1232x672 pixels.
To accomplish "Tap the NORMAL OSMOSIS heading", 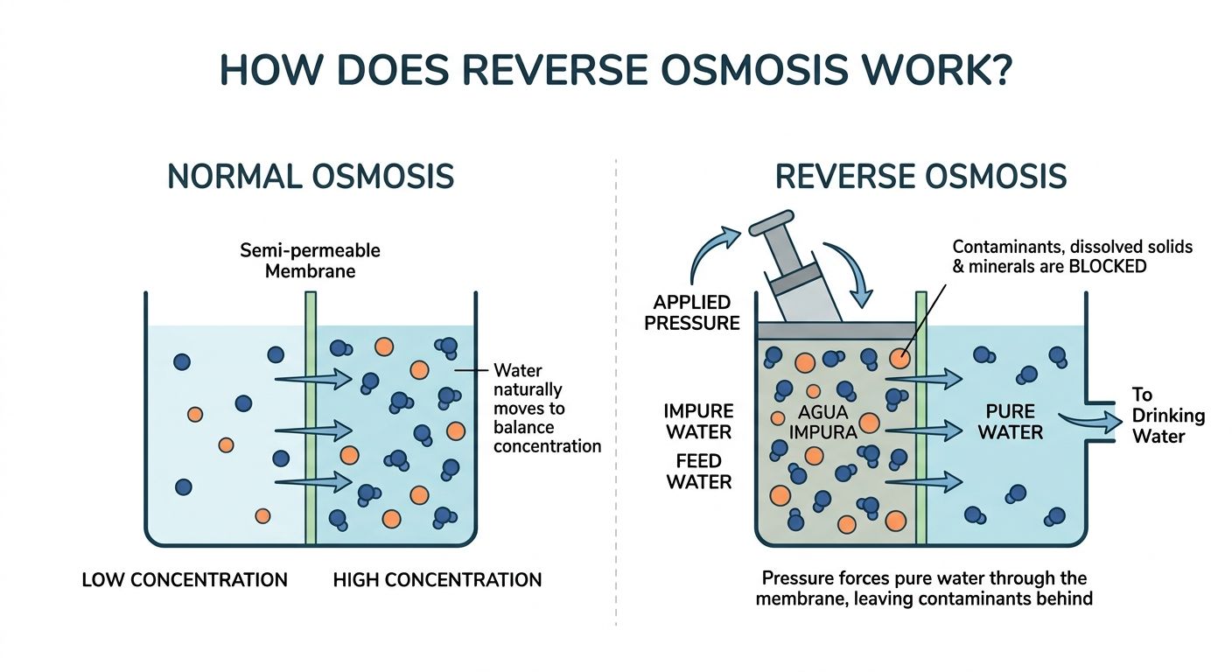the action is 311,177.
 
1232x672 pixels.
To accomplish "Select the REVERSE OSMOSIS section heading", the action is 920,177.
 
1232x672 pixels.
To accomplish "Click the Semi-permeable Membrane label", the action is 311,261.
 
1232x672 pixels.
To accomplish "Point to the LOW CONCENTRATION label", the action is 185,579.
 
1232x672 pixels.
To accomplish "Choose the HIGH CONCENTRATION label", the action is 437,579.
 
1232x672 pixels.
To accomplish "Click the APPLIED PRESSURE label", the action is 692,312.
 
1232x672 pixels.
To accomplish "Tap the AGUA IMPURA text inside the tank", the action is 822,422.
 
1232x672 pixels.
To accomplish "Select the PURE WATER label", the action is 1011,422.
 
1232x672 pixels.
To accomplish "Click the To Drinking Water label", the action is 1168,416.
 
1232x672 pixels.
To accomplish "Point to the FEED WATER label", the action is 699,472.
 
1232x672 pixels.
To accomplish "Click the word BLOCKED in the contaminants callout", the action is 1107,267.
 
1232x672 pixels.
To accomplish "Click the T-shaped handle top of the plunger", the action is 772,223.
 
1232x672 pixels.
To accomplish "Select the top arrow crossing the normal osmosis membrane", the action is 313,378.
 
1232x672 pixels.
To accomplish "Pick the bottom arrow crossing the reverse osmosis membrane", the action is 924,482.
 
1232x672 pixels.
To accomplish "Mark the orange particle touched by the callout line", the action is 899,359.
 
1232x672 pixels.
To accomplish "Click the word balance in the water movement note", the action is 523,427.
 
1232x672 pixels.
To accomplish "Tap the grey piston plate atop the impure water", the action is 836,331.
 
